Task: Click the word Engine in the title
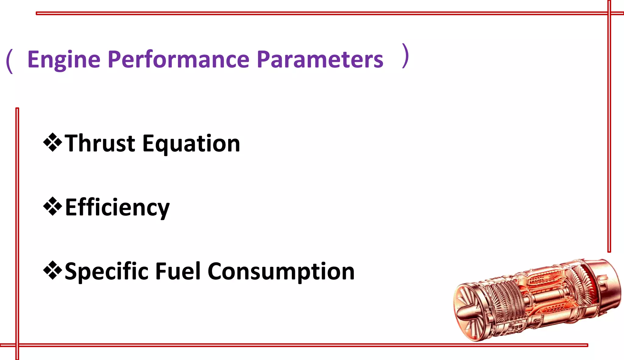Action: click(64, 59)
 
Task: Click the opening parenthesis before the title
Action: click(9, 61)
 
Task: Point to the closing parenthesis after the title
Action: click(405, 56)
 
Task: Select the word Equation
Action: click(191, 144)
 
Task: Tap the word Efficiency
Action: click(117, 208)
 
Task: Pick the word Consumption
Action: click(281, 271)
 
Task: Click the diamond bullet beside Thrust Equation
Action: click(53, 142)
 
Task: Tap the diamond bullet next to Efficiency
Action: click(53, 206)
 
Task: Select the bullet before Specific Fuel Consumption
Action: click(53, 270)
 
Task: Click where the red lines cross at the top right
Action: click(609, 13)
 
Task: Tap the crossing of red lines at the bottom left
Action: click(17, 345)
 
